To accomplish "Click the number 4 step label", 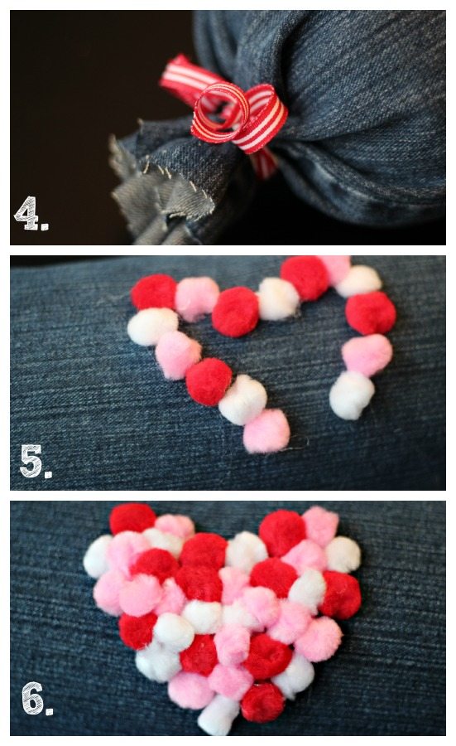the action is pos(30,213).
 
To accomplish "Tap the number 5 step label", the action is pos(34,461).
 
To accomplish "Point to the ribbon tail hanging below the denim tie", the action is pos(264,162).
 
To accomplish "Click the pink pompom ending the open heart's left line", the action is pos(266,430).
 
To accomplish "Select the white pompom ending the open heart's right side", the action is pos(352,395).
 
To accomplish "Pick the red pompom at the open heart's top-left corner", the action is pos(154,292).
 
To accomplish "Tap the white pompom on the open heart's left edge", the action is pos(152,326).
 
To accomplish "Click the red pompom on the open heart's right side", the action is pos(371,313).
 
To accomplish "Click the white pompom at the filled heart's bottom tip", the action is pos(218,715).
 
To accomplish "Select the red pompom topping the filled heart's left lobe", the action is pos(132,519).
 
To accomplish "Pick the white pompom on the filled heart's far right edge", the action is pos(343,555).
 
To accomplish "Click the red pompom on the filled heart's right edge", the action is pos(341,594).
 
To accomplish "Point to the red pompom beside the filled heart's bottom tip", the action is pos(262,702).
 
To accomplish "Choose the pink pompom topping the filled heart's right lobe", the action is pos(320,526).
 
